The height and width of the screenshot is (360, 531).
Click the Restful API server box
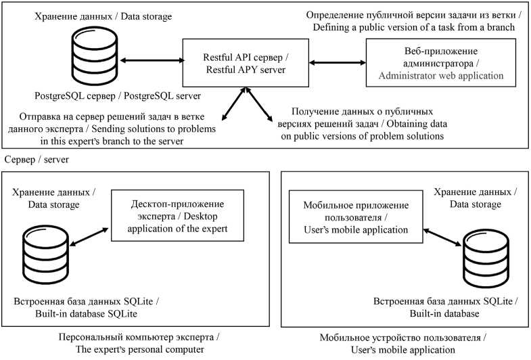(246, 63)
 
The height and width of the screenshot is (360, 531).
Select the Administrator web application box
(441, 63)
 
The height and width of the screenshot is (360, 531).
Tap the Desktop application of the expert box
(177, 215)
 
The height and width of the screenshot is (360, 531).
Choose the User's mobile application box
(356, 217)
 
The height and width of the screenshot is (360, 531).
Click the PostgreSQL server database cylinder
(95, 55)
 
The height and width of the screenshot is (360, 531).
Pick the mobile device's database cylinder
(486, 258)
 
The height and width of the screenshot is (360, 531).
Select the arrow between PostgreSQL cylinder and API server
(152, 61)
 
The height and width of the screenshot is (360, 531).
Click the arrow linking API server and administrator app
(338, 63)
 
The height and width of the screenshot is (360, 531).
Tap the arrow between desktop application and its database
(89, 237)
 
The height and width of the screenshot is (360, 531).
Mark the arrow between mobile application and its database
(442, 237)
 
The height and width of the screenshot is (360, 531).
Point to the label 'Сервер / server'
(37, 159)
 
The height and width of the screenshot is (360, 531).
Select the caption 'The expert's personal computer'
(139, 349)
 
